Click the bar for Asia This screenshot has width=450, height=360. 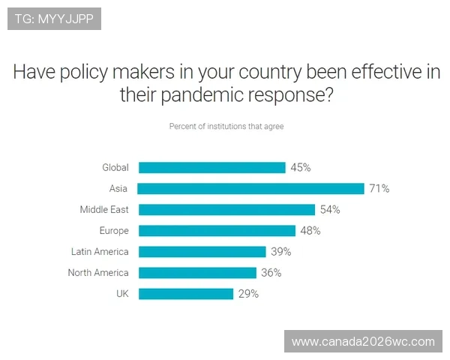(x=251, y=189)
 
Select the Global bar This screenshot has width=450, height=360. (x=212, y=168)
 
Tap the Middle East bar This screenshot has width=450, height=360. (x=226, y=210)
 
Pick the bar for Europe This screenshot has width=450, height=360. (x=217, y=231)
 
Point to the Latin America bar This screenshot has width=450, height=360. (x=202, y=252)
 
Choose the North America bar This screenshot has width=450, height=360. (x=197, y=273)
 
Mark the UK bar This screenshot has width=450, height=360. (x=186, y=294)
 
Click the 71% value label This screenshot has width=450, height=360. (x=379, y=189)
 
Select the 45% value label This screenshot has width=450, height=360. (x=300, y=168)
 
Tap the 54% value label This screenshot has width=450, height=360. (x=329, y=210)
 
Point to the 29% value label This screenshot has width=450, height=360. (x=248, y=294)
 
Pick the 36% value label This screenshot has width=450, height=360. (x=271, y=273)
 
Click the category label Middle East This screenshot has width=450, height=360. (x=104, y=210)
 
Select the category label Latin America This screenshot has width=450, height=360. (x=100, y=252)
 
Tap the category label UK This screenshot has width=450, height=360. (x=122, y=294)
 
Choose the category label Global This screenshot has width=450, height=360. (x=115, y=168)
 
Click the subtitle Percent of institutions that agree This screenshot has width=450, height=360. (x=226, y=127)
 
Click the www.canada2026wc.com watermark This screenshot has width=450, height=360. (x=363, y=342)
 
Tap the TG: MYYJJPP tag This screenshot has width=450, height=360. (x=54, y=18)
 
